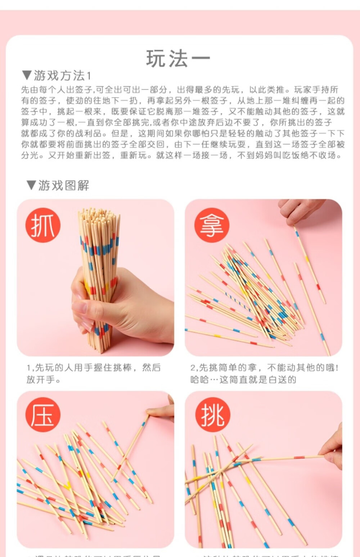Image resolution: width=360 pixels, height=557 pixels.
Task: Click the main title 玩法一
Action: point(178,59)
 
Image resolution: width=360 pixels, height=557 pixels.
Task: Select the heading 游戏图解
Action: point(63,185)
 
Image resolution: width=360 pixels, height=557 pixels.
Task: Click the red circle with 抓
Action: point(43,225)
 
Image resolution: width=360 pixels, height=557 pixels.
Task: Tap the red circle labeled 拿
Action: point(212,225)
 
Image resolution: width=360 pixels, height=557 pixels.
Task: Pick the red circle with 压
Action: point(43,414)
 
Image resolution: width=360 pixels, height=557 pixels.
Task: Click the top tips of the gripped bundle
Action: point(99,214)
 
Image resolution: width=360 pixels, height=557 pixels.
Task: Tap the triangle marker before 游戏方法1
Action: point(27,75)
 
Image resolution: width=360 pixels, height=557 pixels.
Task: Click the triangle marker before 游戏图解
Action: point(31,185)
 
